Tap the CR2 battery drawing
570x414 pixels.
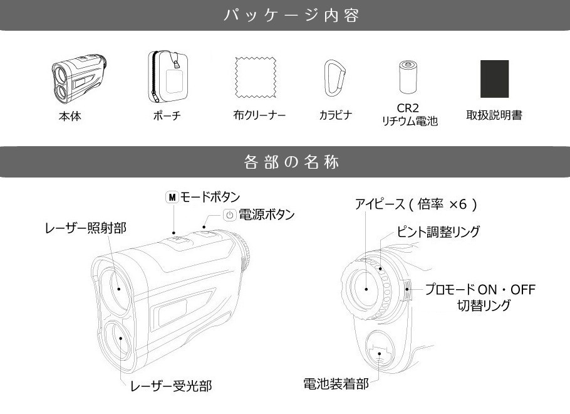tap(408, 78)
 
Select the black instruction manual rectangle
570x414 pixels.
tap(494, 79)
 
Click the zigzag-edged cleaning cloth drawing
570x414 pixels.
tap(256, 77)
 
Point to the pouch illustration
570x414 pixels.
tap(168, 77)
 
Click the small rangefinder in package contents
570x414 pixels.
tap(79, 78)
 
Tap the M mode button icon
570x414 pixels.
tap(172, 198)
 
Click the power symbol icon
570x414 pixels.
tap(229, 215)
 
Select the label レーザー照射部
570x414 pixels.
tap(85, 228)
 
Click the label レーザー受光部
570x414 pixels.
tap(171, 386)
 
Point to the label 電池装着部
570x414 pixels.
tap(336, 384)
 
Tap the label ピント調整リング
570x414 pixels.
tap(438, 231)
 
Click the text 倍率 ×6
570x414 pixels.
tap(442, 204)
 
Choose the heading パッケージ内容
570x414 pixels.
tap(291, 16)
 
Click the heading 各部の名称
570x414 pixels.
tap(291, 162)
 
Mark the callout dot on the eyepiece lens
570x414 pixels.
tap(366, 289)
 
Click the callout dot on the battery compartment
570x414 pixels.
tap(379, 353)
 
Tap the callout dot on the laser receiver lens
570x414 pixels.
tap(121, 338)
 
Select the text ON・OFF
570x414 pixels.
tap(507, 290)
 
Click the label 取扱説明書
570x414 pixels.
tap(494, 115)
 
